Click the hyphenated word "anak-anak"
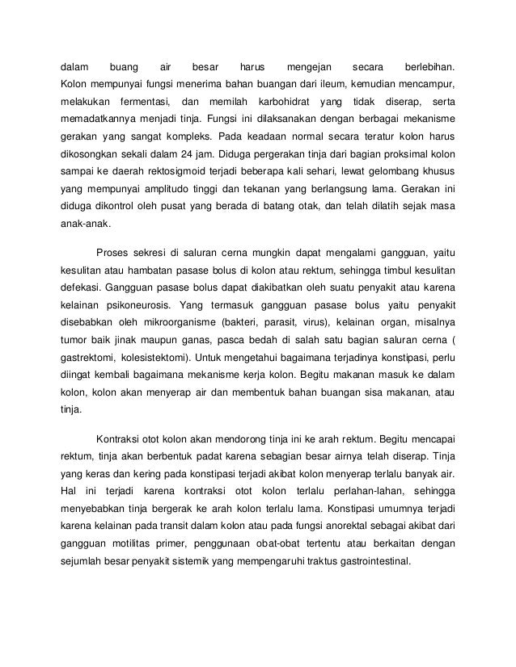point(88,225)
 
